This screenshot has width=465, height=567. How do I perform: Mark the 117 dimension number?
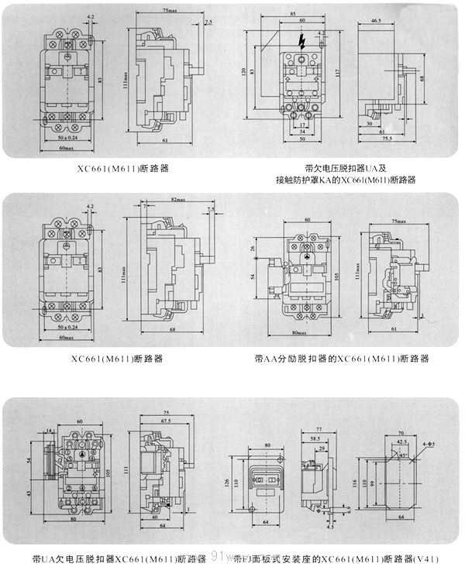point(339,74)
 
